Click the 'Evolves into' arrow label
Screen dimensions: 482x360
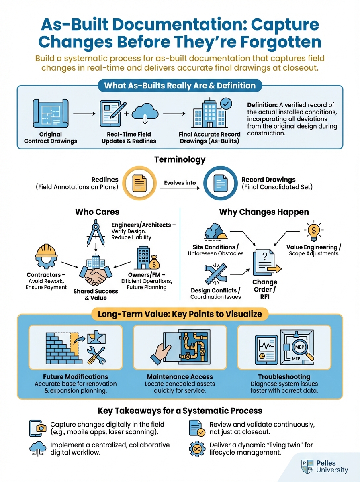point(180,182)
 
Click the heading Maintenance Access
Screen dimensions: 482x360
point(180,377)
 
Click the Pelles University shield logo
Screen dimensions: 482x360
point(307,466)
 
